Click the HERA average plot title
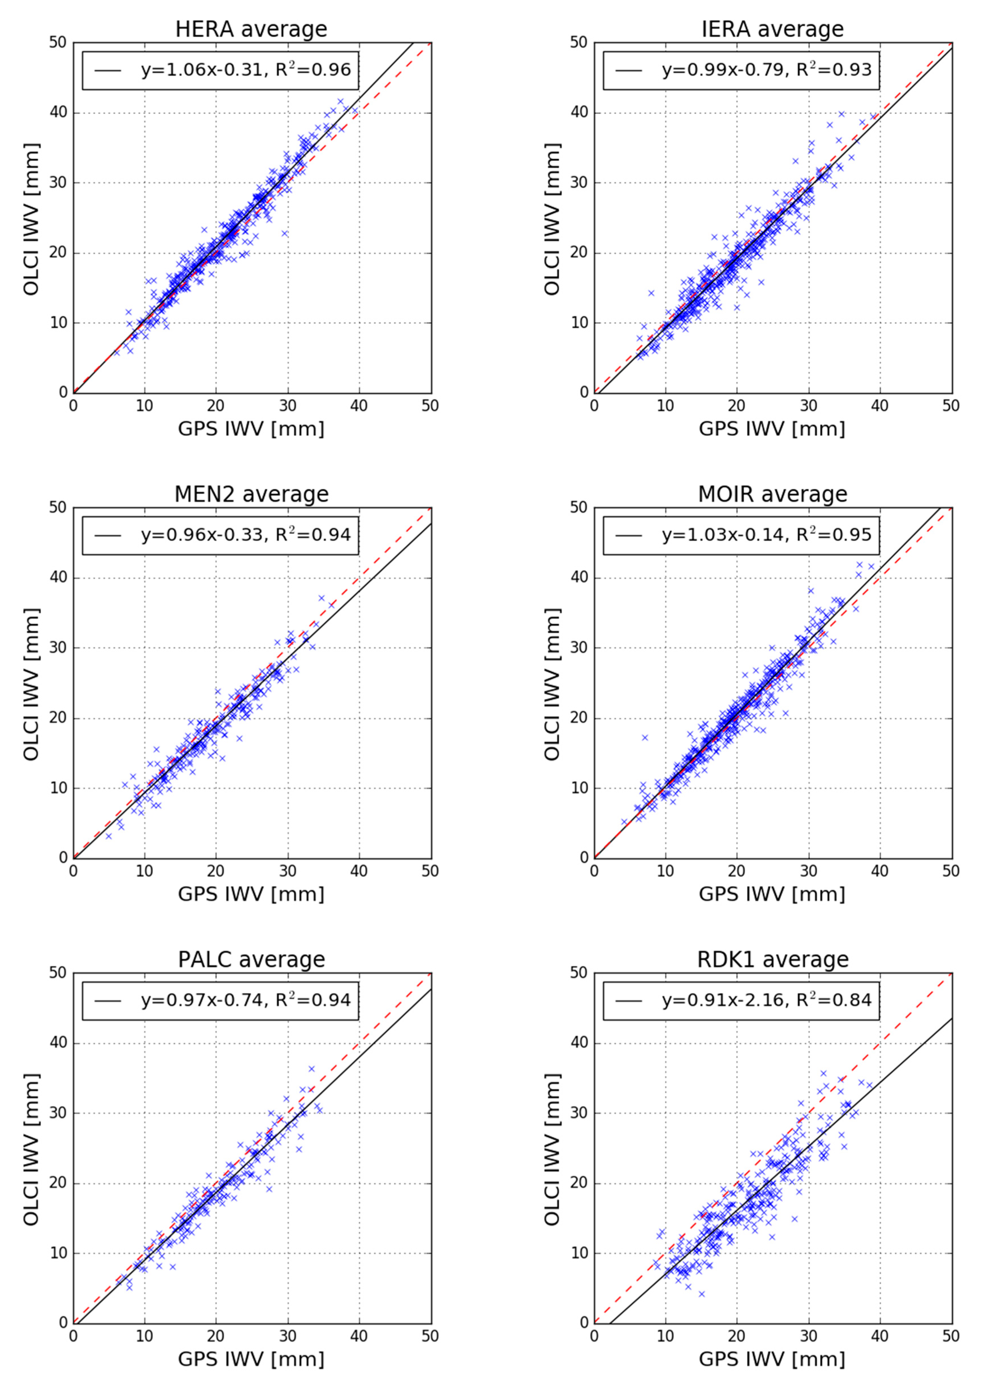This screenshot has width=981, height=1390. tap(251, 29)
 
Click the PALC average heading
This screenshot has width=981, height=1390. tap(251, 960)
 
